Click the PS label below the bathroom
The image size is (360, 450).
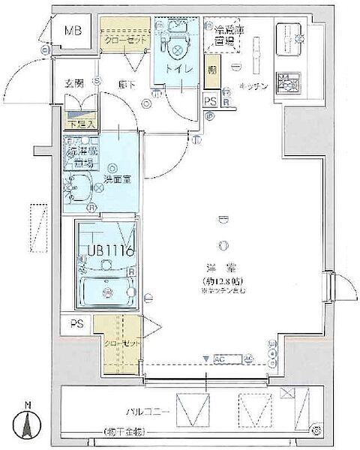coord(76,324)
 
